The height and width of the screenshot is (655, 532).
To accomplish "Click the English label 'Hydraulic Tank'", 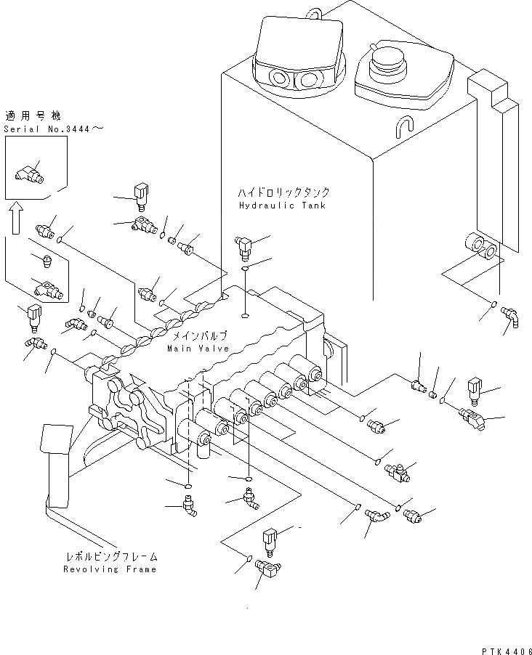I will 281,206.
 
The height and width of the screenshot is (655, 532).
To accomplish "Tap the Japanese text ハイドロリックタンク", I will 283,193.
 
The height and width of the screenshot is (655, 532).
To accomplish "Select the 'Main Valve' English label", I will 197,349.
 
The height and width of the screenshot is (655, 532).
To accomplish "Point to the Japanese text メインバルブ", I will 198,337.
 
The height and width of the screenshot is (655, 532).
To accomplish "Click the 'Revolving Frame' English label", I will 109,569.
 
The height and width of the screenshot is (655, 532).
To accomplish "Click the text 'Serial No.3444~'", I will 53,129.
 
